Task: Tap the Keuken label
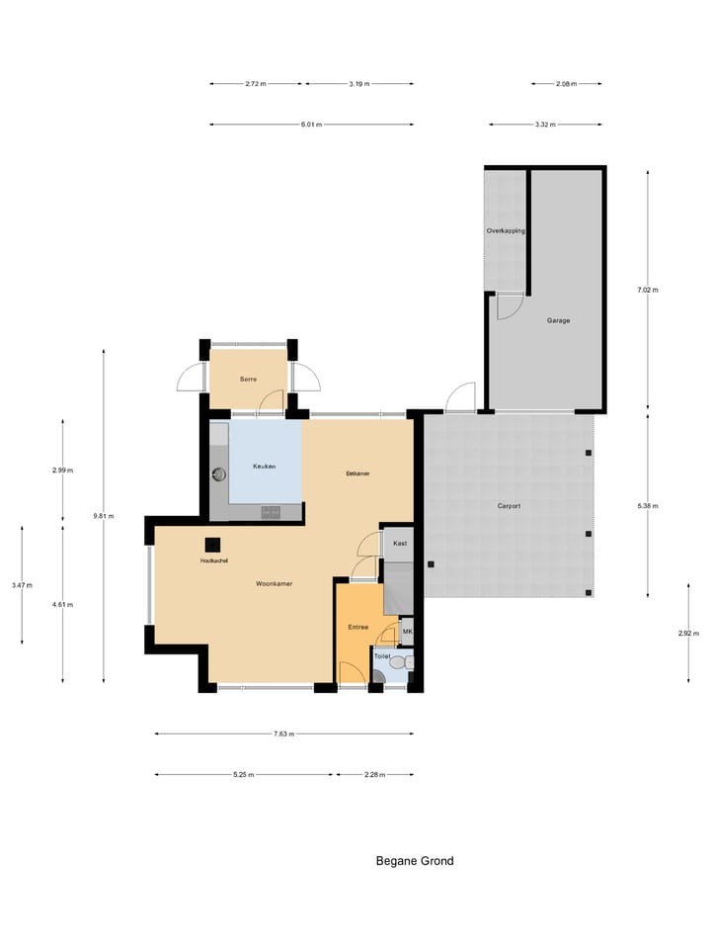[264, 466]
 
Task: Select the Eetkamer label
[357, 474]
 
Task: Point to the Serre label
[249, 380]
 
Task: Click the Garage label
[558, 320]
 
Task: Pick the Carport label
[509, 505]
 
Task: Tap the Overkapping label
[505, 230]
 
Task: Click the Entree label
[357, 627]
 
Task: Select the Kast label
[400, 543]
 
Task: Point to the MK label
[407, 632]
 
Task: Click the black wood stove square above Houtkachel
[212, 544]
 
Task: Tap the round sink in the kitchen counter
[219, 474]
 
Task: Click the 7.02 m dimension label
[647, 290]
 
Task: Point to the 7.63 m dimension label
[283, 733]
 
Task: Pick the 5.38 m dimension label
[648, 505]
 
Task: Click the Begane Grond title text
[415, 861]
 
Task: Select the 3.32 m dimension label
[544, 125]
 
